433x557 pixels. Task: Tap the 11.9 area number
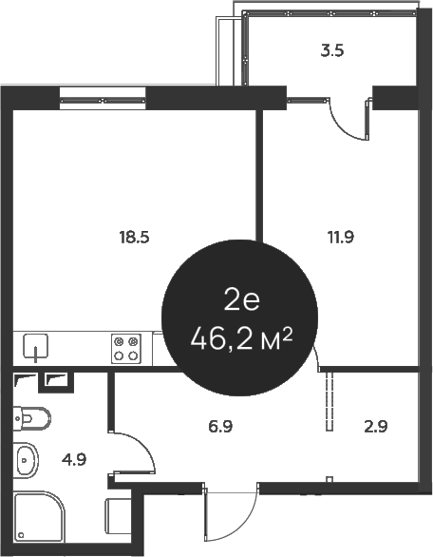click(341, 239)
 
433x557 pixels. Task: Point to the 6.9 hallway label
click(220, 427)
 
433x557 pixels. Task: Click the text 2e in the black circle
click(241, 301)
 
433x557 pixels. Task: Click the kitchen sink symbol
click(36, 348)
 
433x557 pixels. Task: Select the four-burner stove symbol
click(126, 349)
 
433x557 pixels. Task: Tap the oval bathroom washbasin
click(26, 463)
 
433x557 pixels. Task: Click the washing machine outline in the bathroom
click(119, 522)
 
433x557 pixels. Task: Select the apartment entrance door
click(230, 518)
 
